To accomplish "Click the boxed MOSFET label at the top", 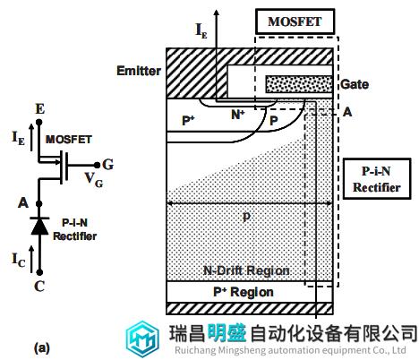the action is click(295, 21).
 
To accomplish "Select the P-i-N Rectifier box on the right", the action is click(377, 179).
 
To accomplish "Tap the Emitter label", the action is click(139, 71).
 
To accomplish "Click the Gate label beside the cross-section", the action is click(355, 84).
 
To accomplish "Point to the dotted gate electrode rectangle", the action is click(299, 84).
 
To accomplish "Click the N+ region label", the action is click(238, 115).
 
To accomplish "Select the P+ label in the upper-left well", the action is click(188, 121).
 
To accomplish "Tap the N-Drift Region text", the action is click(246, 270).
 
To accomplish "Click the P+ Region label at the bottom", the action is click(244, 292).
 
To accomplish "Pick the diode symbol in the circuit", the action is click(39, 227).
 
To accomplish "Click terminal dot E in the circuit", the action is click(38, 122).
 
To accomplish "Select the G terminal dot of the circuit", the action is click(97, 165).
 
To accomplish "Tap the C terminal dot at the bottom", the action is click(39, 272).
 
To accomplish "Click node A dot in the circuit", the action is click(38, 204).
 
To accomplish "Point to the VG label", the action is click(94, 179).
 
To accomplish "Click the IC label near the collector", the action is click(19, 260).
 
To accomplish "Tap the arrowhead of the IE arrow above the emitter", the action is click(217, 13).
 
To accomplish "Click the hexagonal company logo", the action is click(142, 339).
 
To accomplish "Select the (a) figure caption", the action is click(42, 348).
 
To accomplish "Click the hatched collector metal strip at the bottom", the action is click(250, 308).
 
